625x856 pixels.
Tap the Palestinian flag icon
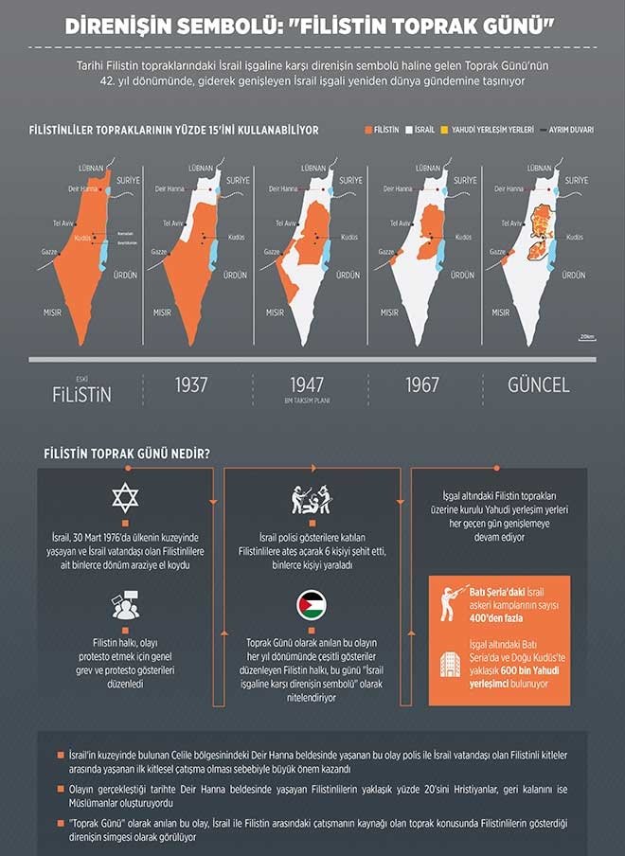[x=312, y=604]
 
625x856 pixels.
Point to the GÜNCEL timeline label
[x=538, y=385]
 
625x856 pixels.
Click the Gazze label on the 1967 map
[x=386, y=252]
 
